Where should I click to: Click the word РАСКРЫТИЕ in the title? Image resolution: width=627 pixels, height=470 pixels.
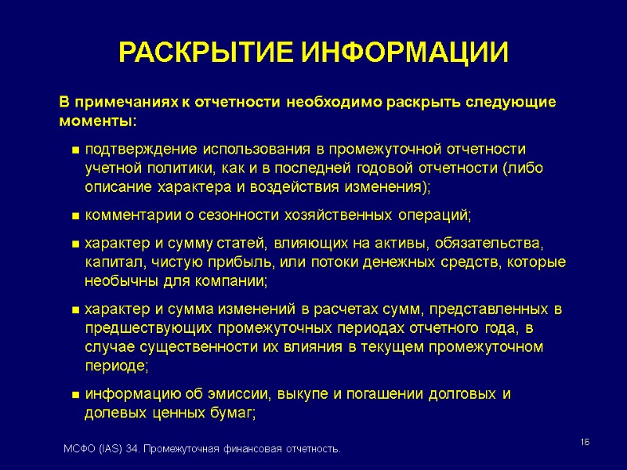[205, 53]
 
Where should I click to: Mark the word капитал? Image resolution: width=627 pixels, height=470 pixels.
[112, 262]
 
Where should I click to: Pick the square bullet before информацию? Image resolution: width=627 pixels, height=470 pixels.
[75, 394]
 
